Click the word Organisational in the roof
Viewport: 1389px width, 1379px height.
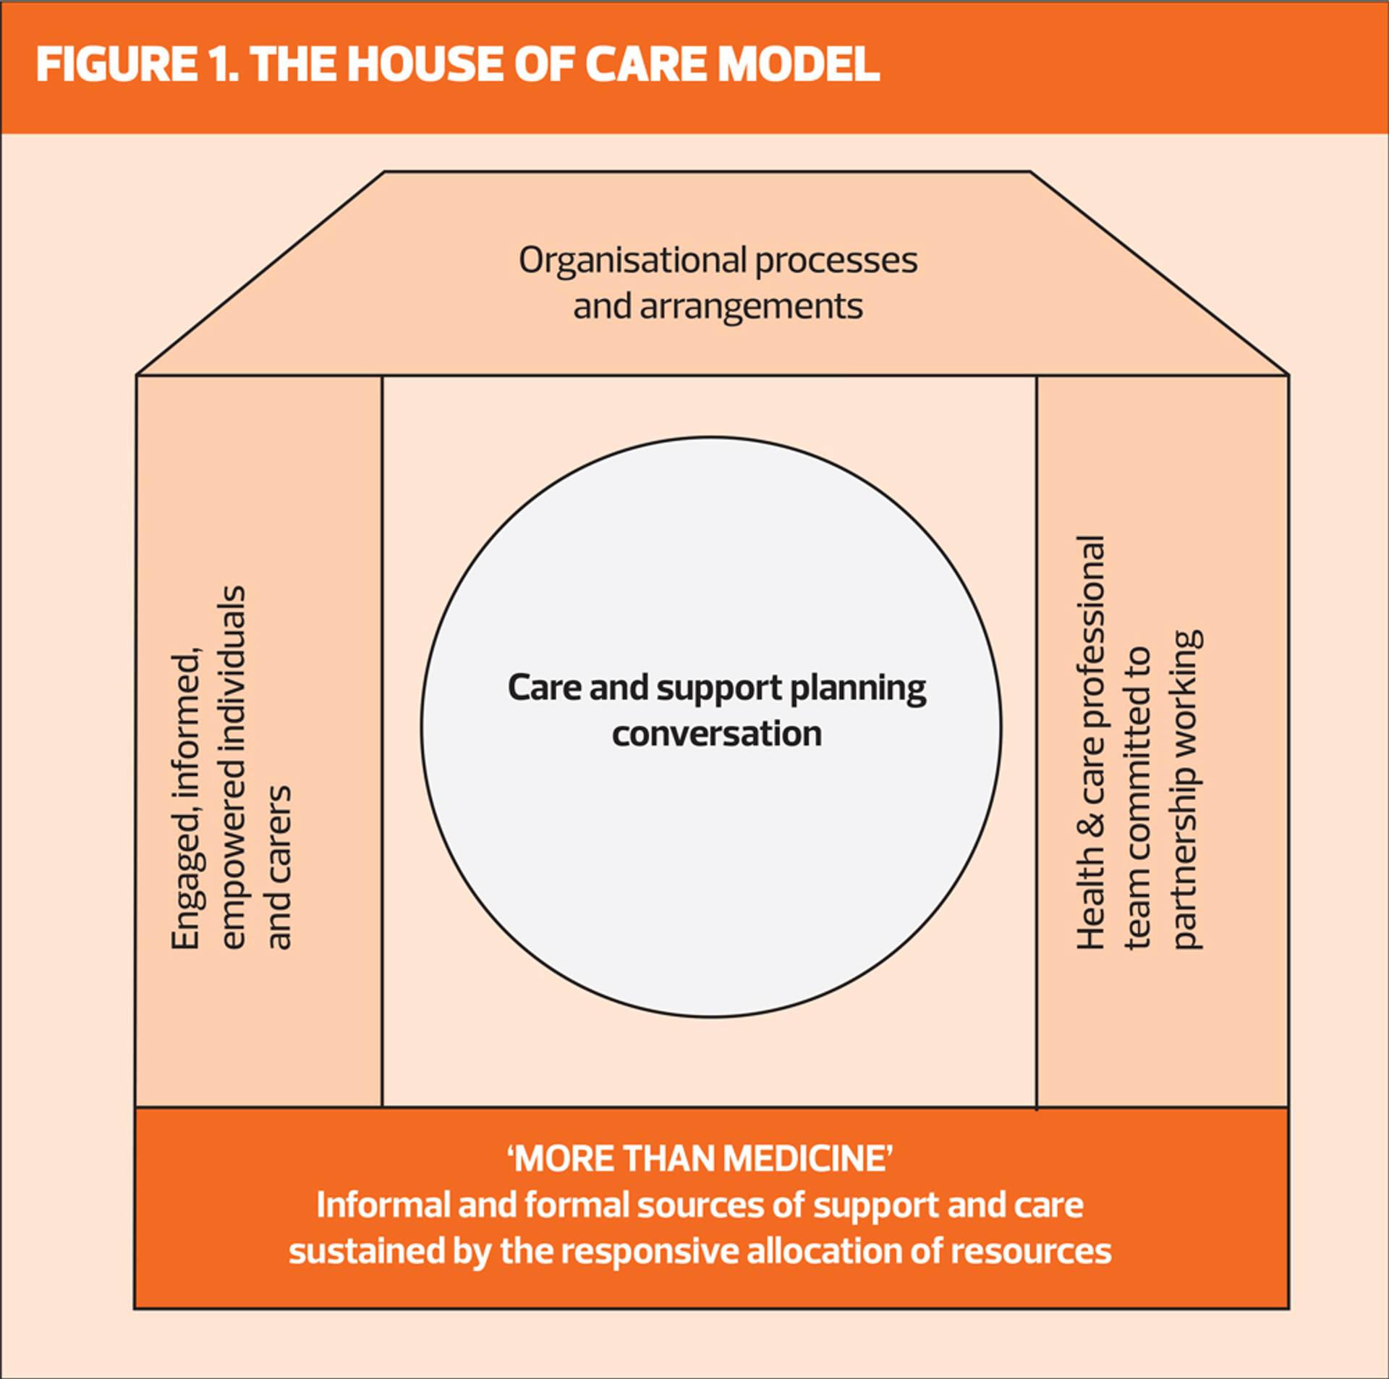[632, 261]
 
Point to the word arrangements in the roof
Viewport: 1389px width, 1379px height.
[751, 307]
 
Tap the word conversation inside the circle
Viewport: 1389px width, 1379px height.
[717, 733]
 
